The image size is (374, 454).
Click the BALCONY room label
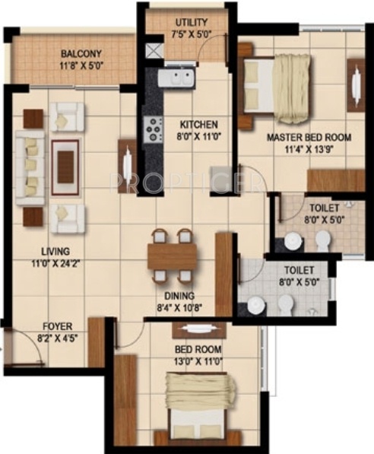[81, 54]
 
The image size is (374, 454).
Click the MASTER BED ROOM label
[309, 138]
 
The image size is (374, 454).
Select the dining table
[173, 256]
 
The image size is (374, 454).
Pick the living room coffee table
[66, 163]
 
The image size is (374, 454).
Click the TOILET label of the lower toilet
[299, 269]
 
